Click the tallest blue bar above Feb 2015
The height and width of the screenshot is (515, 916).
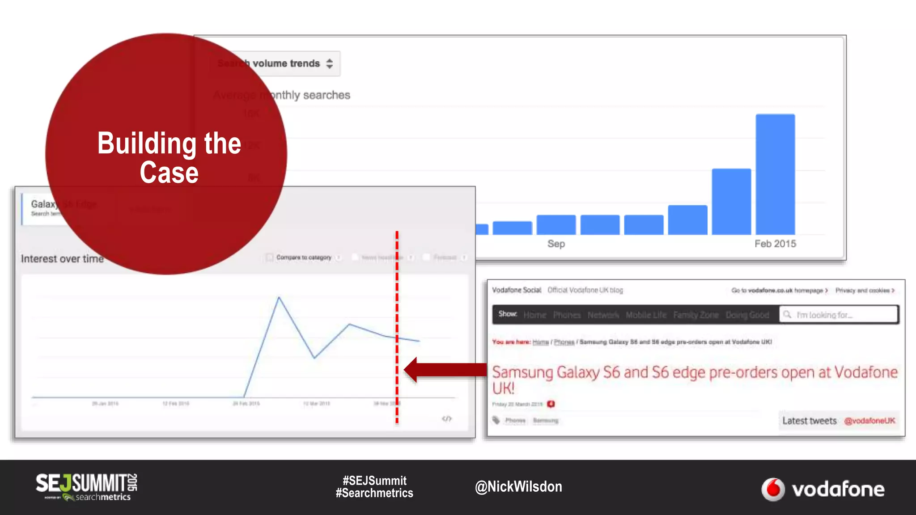[775, 174]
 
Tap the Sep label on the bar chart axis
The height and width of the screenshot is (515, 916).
[556, 244]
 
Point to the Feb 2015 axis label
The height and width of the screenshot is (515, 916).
[775, 244]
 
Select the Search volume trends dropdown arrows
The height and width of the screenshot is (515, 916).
[330, 63]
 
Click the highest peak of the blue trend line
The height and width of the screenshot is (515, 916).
[279, 297]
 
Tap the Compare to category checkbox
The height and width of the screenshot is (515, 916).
[269, 257]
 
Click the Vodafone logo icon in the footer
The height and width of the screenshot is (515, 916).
[773, 489]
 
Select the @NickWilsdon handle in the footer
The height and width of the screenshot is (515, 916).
[518, 486]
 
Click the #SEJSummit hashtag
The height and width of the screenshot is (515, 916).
[374, 481]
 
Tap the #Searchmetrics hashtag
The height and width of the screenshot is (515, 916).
[374, 493]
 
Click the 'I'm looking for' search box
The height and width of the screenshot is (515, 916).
[839, 315]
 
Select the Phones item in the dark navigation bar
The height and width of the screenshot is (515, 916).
[567, 315]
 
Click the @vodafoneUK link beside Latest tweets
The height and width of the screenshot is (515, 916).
[869, 421]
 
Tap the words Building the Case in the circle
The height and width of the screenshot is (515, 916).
[169, 157]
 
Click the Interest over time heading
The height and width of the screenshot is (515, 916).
[62, 259]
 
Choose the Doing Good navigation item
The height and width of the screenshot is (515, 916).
[747, 315]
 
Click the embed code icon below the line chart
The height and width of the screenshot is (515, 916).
[446, 418]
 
